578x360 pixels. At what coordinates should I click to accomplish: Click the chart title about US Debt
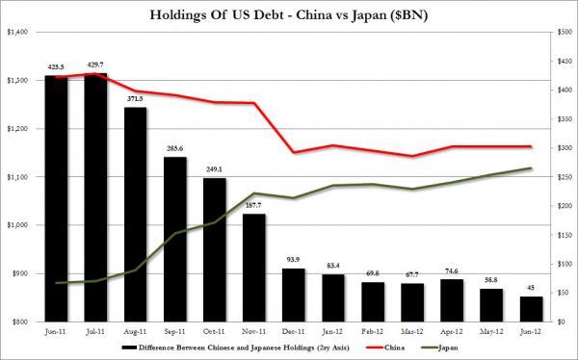coord(289,13)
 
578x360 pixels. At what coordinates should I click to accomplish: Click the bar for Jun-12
coord(530,309)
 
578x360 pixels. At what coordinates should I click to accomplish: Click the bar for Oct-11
coord(214,249)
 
